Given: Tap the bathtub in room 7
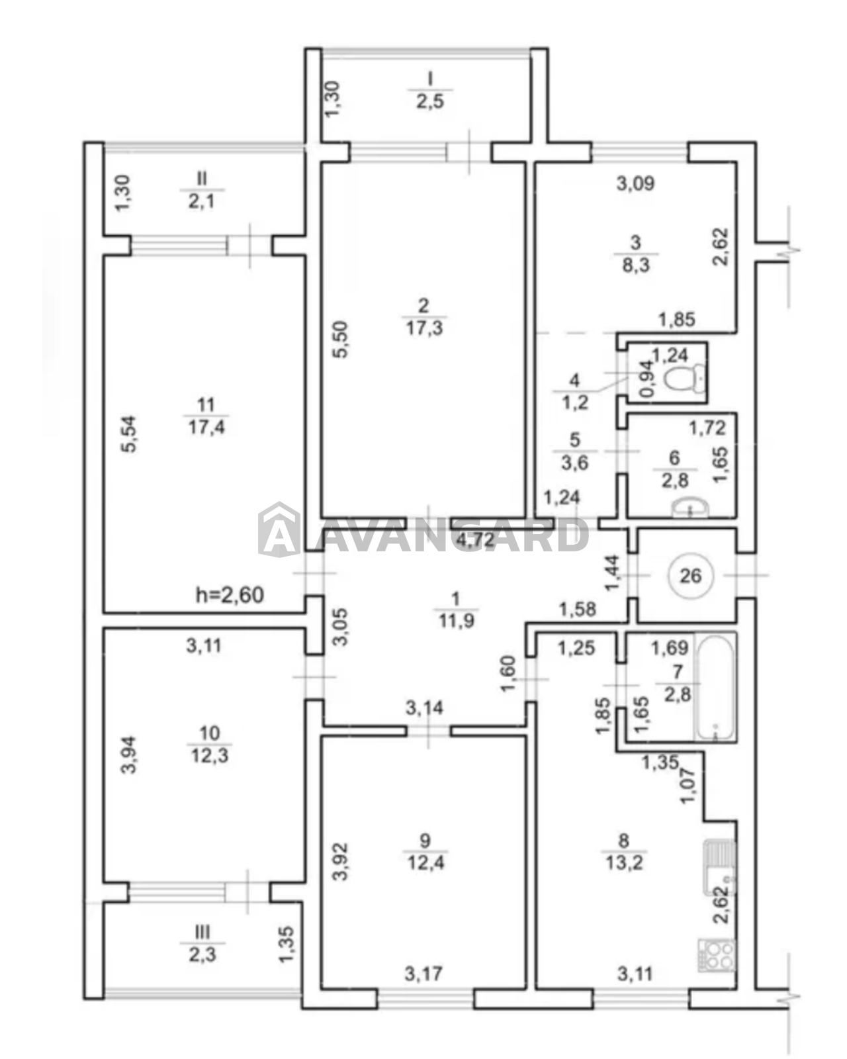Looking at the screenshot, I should point(715,687).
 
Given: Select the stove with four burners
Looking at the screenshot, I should point(717,955).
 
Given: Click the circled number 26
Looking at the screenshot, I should point(690,575).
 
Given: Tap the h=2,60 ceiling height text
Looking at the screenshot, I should point(230,594).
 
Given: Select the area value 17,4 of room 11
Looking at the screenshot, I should point(206,427).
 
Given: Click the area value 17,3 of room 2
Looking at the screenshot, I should point(424,328).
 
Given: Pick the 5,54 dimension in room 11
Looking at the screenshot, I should point(130,434).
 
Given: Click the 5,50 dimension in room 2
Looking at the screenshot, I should point(340,339).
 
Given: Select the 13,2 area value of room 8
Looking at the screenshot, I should point(623,862).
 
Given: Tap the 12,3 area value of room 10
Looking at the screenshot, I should point(210,755).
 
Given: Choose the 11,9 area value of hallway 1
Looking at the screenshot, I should point(456,621).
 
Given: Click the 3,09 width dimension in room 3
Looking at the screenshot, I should point(635,183).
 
